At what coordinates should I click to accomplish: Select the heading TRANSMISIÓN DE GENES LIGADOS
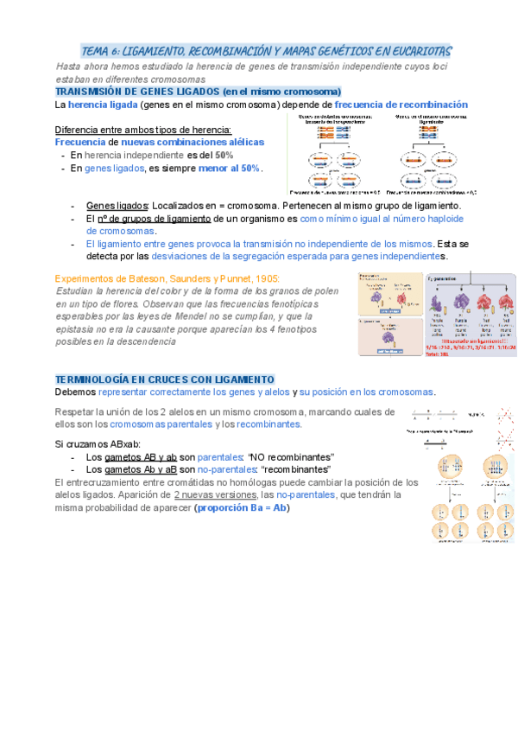[x=137, y=92]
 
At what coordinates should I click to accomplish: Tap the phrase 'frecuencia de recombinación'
[x=401, y=105]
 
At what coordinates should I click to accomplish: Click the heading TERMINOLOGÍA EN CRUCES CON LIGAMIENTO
[x=164, y=379]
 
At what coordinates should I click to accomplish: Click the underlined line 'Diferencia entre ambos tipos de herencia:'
[x=143, y=130]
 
